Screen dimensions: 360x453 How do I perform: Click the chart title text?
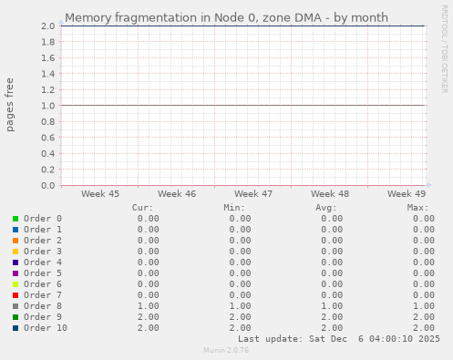(x=226, y=17)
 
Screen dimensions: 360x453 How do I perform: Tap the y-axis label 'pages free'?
(x=11, y=106)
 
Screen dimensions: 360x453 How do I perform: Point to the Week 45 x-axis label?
(x=100, y=194)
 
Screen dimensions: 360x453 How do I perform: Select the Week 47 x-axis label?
(x=253, y=194)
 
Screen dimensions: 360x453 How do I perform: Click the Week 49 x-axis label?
(x=407, y=194)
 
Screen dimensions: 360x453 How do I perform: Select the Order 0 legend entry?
(x=42, y=219)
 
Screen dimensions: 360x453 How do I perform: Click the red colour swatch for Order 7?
(x=15, y=295)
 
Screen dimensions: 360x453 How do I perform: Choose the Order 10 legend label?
(x=46, y=328)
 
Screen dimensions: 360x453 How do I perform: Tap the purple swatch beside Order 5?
(x=15, y=273)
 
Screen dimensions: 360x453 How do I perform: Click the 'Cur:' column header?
(x=142, y=208)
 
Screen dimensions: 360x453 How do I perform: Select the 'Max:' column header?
(x=418, y=208)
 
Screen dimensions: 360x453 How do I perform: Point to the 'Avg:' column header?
(x=326, y=208)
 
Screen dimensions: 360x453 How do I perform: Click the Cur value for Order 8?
(x=148, y=306)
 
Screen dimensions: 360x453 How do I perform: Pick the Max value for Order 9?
(x=422, y=317)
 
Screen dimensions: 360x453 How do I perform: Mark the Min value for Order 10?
(x=240, y=328)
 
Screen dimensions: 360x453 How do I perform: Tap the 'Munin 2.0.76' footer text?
(x=226, y=350)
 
